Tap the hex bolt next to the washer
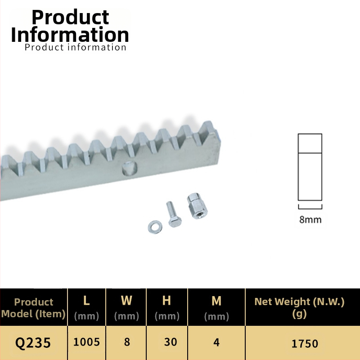(x=174, y=214)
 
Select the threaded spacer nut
(x=197, y=206)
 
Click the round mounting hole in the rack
(x=130, y=168)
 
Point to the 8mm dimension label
(x=310, y=220)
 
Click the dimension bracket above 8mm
(x=310, y=208)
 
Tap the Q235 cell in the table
(x=33, y=343)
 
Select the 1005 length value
(x=86, y=342)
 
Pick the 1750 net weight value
(x=305, y=344)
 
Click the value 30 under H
(x=171, y=342)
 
